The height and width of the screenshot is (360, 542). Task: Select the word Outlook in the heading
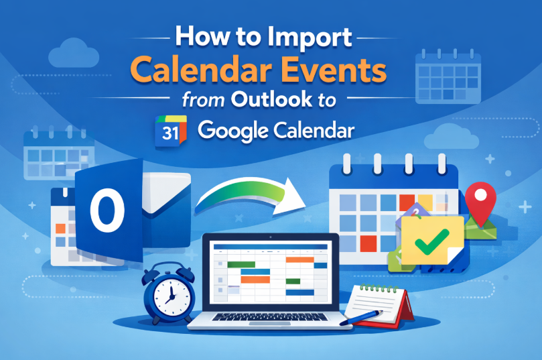click(271, 99)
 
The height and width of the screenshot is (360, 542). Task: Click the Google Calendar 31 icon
click(171, 131)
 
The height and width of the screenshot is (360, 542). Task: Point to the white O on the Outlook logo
click(107, 210)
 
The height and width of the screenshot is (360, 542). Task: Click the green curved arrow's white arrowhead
click(289, 196)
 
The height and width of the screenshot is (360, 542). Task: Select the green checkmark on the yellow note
click(432, 242)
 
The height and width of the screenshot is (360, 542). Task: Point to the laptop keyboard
click(269, 317)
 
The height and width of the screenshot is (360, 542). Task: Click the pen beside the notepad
click(361, 318)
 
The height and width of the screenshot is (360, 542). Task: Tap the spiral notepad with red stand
click(381, 305)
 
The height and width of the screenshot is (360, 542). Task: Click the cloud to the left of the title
click(74, 54)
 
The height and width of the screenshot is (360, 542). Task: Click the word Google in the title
click(233, 131)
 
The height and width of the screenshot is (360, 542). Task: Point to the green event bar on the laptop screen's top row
click(241, 265)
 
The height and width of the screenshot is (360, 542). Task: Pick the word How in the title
click(202, 36)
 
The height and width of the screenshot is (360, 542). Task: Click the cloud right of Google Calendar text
click(452, 137)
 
